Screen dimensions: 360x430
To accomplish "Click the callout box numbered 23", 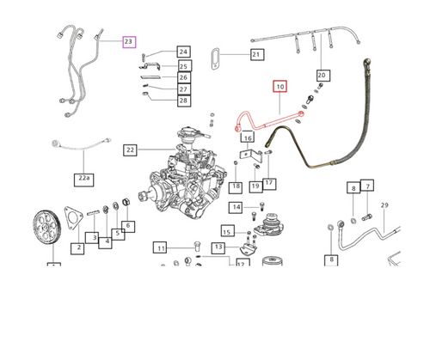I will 129,41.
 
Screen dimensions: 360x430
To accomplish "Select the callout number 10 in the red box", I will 280,86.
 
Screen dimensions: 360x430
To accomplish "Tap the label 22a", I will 83,180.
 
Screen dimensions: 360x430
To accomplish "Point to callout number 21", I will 255,55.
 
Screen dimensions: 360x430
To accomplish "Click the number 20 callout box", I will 322,76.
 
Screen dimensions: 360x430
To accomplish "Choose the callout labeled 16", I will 247,137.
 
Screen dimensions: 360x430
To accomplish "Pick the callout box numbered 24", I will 183,52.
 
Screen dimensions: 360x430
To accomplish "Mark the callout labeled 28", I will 183,101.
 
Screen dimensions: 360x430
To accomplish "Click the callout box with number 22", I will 130,149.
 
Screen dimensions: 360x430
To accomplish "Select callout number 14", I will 236,207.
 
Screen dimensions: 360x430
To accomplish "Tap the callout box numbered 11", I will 160,248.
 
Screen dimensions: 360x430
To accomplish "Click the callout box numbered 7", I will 366,186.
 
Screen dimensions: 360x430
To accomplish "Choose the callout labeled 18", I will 235,186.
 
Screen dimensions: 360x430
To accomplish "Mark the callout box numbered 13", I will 218,247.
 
